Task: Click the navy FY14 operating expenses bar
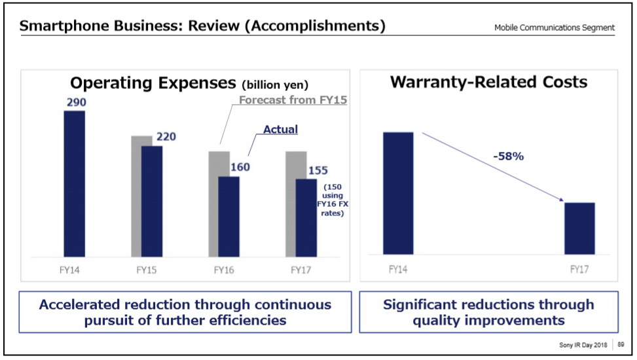pyautogui.click(x=74, y=183)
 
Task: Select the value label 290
pyautogui.click(x=75, y=102)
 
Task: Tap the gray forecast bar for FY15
pyautogui.click(x=136, y=196)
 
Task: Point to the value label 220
pyautogui.click(x=165, y=137)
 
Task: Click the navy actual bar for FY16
pyautogui.click(x=228, y=216)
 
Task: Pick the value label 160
pyautogui.click(x=240, y=167)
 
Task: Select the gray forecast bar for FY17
pyautogui.click(x=291, y=203)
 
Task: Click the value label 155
pyautogui.click(x=318, y=171)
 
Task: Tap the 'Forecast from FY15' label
pyautogui.click(x=292, y=100)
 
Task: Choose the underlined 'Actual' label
pyautogui.click(x=280, y=130)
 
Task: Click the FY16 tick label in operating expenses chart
pyautogui.click(x=224, y=269)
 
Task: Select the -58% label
pyautogui.click(x=508, y=156)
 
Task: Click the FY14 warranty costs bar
pyautogui.click(x=398, y=193)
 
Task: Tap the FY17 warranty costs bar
pyautogui.click(x=580, y=228)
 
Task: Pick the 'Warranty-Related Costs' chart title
pyautogui.click(x=488, y=82)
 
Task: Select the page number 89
pyautogui.click(x=622, y=344)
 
